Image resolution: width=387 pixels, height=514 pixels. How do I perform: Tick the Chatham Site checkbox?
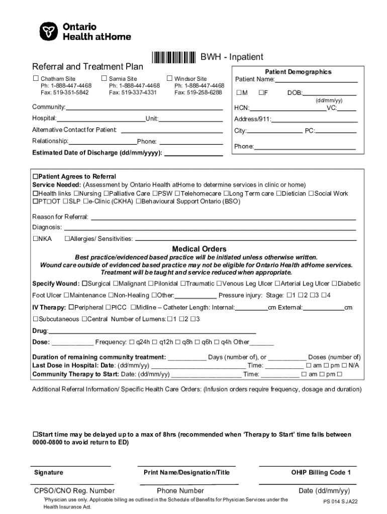36,78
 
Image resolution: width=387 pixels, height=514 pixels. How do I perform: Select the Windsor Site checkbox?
169,78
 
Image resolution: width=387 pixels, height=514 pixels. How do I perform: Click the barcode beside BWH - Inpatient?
174,58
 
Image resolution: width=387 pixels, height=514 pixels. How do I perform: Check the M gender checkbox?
238,93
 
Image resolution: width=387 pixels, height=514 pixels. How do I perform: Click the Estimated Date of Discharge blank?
193,153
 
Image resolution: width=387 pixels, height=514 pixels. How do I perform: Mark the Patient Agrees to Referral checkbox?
36,177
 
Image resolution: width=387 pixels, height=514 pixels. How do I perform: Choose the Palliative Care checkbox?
106,193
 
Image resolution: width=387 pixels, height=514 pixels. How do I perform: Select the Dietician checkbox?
283,193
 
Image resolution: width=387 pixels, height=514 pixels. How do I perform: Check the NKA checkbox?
36,238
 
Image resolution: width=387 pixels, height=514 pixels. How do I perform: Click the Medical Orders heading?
199,249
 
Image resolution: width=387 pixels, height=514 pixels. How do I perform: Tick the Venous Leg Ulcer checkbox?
211,284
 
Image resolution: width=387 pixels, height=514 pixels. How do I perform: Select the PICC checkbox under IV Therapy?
108,307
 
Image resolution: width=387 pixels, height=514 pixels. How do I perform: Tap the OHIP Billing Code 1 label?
321,472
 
